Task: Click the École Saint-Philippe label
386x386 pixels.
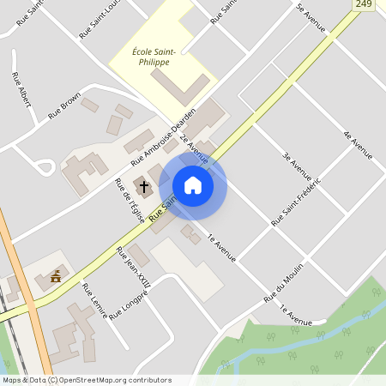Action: (x=154, y=57)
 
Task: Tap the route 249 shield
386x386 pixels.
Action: (x=363, y=5)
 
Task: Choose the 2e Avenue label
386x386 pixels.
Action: (x=194, y=147)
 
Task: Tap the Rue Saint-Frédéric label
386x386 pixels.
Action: (x=295, y=202)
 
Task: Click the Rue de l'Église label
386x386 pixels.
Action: (x=130, y=200)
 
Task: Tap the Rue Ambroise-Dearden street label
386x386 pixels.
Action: (x=163, y=136)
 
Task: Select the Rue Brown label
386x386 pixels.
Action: (x=64, y=101)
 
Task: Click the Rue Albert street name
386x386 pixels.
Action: (x=23, y=89)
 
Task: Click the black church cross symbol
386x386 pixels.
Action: (x=143, y=186)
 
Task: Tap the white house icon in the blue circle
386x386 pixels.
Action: (x=193, y=185)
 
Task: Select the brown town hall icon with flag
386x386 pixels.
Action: (x=57, y=276)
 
